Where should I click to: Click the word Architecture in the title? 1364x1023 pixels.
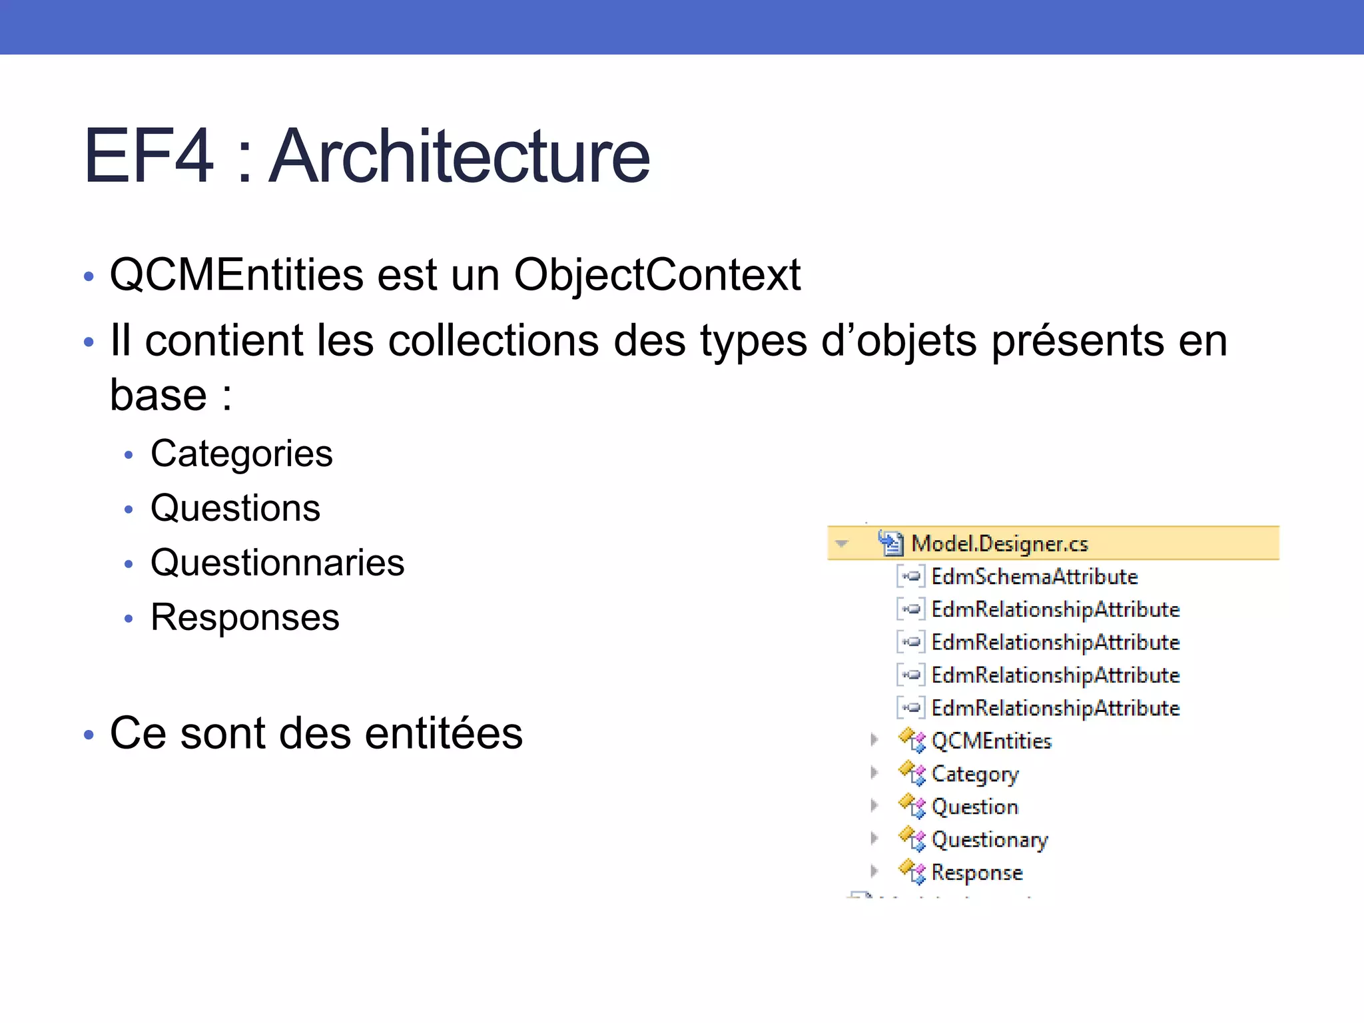(x=460, y=157)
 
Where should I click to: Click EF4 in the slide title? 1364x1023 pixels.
(x=149, y=157)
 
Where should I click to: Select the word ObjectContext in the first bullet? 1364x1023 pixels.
(x=657, y=274)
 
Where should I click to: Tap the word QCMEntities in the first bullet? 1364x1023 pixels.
(x=236, y=274)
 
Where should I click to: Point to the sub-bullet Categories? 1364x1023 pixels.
(x=241, y=454)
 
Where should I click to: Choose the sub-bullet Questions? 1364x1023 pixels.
(x=235, y=508)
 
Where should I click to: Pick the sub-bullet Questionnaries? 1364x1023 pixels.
(x=277, y=563)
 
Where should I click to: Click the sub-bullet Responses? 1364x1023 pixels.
(x=244, y=617)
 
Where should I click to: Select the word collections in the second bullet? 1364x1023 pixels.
(x=494, y=341)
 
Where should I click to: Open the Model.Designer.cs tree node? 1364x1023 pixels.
(x=999, y=543)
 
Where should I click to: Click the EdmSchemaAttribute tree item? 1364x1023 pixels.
(x=1034, y=576)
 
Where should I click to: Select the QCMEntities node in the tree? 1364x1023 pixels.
(x=991, y=741)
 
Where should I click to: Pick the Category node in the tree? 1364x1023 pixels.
(x=974, y=774)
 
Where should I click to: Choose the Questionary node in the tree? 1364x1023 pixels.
(x=989, y=840)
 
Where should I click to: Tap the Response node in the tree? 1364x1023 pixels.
(x=976, y=872)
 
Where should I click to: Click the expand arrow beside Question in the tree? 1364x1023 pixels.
(x=874, y=806)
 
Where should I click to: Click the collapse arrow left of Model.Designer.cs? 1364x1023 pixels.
(x=842, y=543)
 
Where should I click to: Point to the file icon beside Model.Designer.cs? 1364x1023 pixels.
(x=890, y=543)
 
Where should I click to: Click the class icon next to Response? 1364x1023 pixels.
(x=912, y=872)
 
